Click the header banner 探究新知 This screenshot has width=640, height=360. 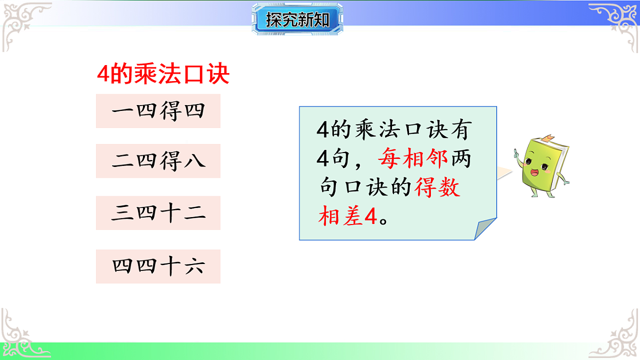pos(297,20)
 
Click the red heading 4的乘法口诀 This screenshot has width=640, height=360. pos(163,75)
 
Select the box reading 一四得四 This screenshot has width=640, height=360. pos(158,111)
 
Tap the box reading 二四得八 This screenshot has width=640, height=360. pos(158,161)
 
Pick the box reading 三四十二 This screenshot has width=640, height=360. pos(158,213)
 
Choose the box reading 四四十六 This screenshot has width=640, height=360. pos(158,266)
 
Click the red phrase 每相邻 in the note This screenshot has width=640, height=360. pos(413,158)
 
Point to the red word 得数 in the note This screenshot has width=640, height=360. pos(437,187)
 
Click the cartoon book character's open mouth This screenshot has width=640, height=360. pos(534,172)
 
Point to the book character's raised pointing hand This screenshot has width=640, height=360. pos(516,153)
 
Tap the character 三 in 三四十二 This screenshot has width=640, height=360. pos(122,213)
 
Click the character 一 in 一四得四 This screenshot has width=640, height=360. pos(122,111)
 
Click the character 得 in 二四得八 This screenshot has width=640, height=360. pos(170,161)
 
